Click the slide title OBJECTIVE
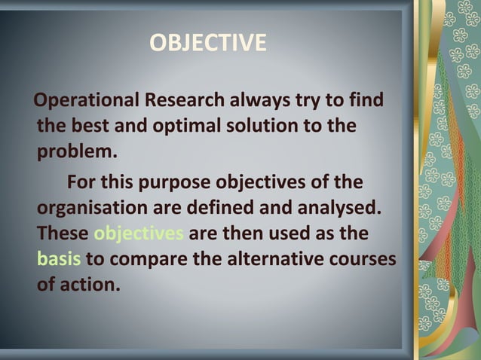click(207, 43)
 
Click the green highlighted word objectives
click(139, 234)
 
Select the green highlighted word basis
click(59, 260)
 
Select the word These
click(63, 234)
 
